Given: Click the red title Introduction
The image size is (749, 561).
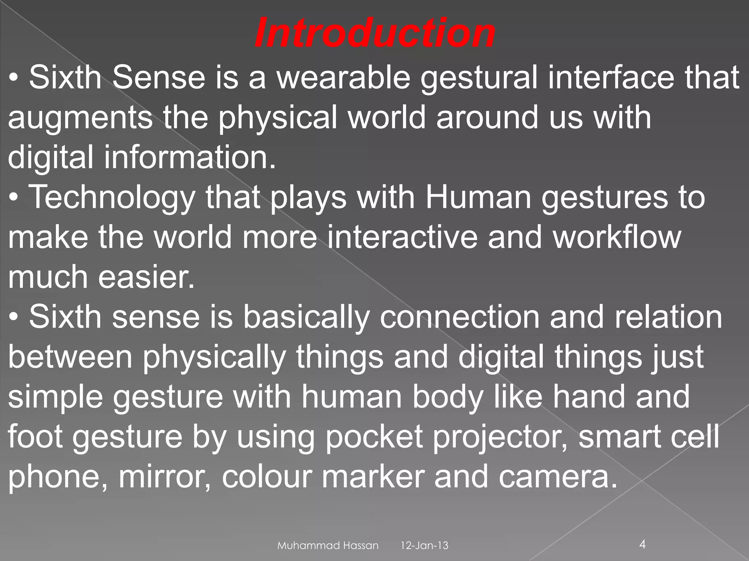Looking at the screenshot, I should (x=374, y=34).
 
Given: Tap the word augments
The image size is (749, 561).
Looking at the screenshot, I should (x=80, y=118).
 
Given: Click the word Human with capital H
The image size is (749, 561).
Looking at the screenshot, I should (x=478, y=197).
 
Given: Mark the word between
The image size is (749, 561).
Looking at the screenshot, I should (x=70, y=356).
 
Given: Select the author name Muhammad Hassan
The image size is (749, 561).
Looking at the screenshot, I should (x=328, y=546).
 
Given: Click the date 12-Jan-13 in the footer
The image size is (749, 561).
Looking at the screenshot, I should (x=424, y=546).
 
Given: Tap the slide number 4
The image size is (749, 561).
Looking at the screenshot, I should (x=643, y=545).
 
